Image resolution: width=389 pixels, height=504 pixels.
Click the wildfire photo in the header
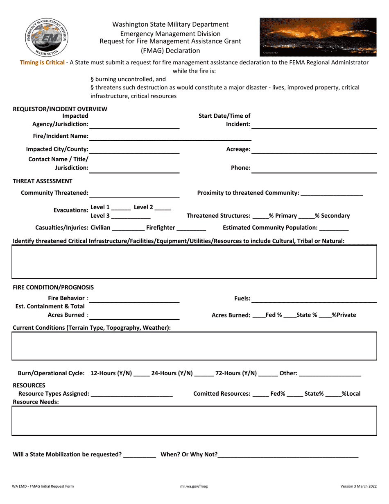(318, 36)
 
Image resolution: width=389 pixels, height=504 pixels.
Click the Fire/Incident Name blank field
(170, 136)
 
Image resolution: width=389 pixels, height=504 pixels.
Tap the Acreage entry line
(314, 149)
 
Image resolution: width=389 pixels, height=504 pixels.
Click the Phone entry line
(314, 168)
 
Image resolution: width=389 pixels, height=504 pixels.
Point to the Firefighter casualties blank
(191, 228)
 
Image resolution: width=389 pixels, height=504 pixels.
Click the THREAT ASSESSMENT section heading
(43, 181)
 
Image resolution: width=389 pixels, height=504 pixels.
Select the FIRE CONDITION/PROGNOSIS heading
(53, 287)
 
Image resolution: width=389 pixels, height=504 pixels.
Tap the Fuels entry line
(314, 299)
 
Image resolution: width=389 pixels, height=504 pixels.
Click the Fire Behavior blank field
(134, 299)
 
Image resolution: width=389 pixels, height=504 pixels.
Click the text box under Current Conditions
(194, 346)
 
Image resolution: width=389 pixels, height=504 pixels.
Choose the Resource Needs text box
(194, 420)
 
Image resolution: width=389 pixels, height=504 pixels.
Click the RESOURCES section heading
(29, 385)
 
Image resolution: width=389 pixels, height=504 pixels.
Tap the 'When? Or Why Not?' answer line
(288, 454)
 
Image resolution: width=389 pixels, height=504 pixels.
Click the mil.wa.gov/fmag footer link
(194, 486)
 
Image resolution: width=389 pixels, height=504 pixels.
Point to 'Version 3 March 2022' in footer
(358, 486)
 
